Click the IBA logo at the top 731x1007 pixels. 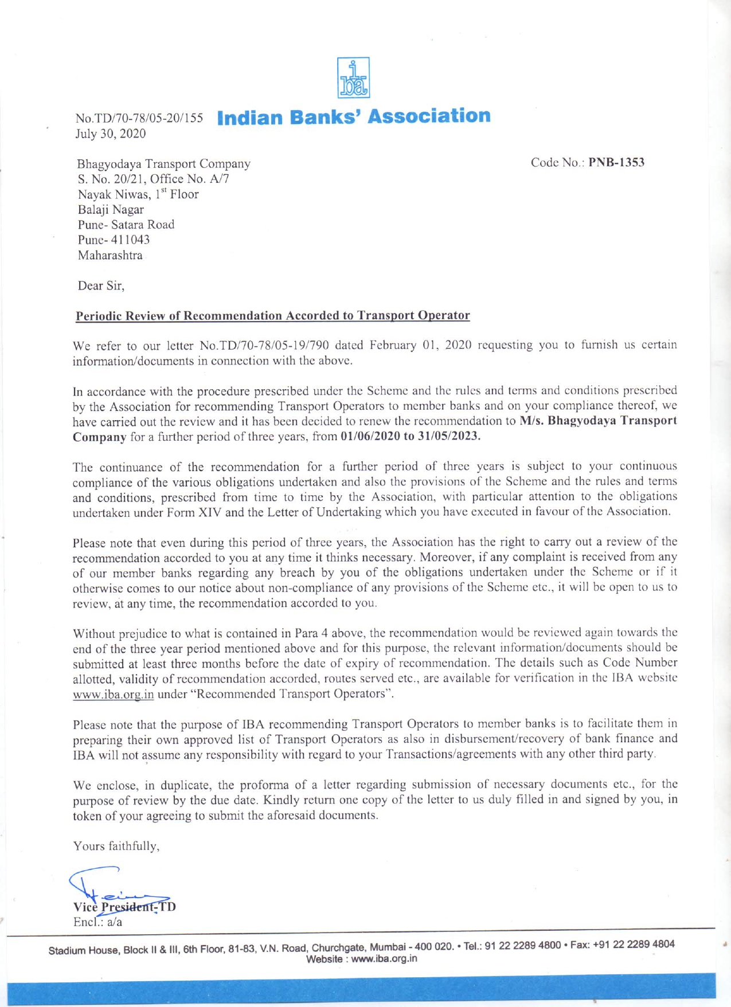(353, 77)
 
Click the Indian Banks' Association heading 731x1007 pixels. (354, 116)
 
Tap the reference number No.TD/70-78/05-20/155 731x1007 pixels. (139, 119)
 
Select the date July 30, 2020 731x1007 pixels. (111, 134)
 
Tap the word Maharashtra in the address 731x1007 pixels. (110, 256)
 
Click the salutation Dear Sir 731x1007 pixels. (101, 285)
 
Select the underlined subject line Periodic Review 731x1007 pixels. (273, 316)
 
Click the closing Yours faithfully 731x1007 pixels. (116, 846)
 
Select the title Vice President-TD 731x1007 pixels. (124, 907)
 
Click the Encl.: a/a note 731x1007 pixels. (97, 922)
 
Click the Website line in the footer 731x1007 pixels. (362, 959)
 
